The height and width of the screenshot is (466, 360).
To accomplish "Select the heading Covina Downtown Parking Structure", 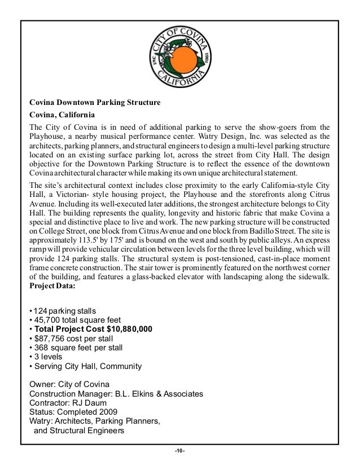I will pyautogui.click(x=95, y=103).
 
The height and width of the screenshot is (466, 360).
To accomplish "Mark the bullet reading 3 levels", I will pyautogui.click(x=48, y=357).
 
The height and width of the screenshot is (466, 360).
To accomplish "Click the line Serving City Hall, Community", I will pyautogui.click(x=85, y=366).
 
